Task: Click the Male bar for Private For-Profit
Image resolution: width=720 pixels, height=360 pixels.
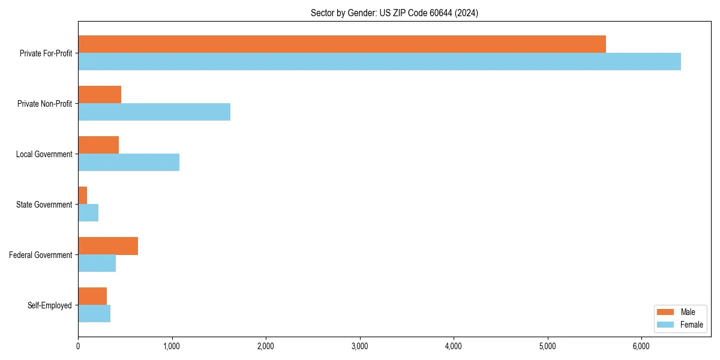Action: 342,44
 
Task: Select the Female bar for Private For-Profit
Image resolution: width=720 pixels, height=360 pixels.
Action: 379,61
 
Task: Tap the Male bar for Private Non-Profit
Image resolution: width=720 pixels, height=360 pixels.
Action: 100,95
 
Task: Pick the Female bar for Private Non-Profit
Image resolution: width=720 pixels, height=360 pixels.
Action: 154,112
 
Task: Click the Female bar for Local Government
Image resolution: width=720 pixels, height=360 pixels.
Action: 128,162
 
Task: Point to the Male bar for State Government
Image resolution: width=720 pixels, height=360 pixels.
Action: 83,196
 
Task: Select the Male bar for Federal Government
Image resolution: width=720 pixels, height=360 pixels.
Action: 108,246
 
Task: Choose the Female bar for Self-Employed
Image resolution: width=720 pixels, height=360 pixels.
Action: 94,313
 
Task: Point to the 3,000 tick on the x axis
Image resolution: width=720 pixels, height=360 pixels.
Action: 360,346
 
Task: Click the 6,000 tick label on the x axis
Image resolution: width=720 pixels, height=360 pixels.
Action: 641,346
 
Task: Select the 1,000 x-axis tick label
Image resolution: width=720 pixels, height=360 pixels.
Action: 172,346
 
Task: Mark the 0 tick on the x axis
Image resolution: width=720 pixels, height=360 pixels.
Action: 78,346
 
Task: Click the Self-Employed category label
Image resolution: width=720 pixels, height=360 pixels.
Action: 50,305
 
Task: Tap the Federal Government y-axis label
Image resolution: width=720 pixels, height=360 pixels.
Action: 41,255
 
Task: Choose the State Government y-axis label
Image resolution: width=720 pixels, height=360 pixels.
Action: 44,205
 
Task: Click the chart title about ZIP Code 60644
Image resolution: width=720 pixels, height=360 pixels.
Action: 394,13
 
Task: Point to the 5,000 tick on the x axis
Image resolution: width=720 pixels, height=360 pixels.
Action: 548,346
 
